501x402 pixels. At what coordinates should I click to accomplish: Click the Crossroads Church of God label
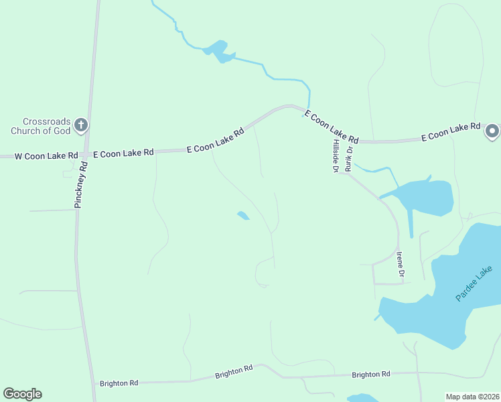pos(41,125)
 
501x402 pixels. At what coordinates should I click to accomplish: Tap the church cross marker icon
pos(81,125)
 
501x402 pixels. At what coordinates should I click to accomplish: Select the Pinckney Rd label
pos(82,185)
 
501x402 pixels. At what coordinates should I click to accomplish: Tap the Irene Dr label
pos(401,265)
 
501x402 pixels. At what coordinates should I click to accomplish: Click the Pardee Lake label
pos(474,283)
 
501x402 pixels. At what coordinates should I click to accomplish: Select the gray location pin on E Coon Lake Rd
pos(492,131)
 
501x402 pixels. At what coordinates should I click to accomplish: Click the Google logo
pos(22,394)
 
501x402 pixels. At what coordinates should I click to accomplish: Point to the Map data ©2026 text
pos(472,397)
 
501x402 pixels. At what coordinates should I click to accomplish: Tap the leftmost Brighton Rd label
pos(119,383)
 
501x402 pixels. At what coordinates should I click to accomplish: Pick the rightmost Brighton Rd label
pos(371,375)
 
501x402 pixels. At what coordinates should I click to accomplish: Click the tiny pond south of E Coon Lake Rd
pos(243,216)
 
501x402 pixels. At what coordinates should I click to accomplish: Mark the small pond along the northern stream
pos(218,51)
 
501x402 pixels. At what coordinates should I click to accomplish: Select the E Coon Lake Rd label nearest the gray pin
pos(451,131)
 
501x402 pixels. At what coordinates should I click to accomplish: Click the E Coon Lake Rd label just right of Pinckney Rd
pos(123,153)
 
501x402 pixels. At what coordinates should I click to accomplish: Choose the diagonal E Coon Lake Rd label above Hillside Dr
pos(331,127)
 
